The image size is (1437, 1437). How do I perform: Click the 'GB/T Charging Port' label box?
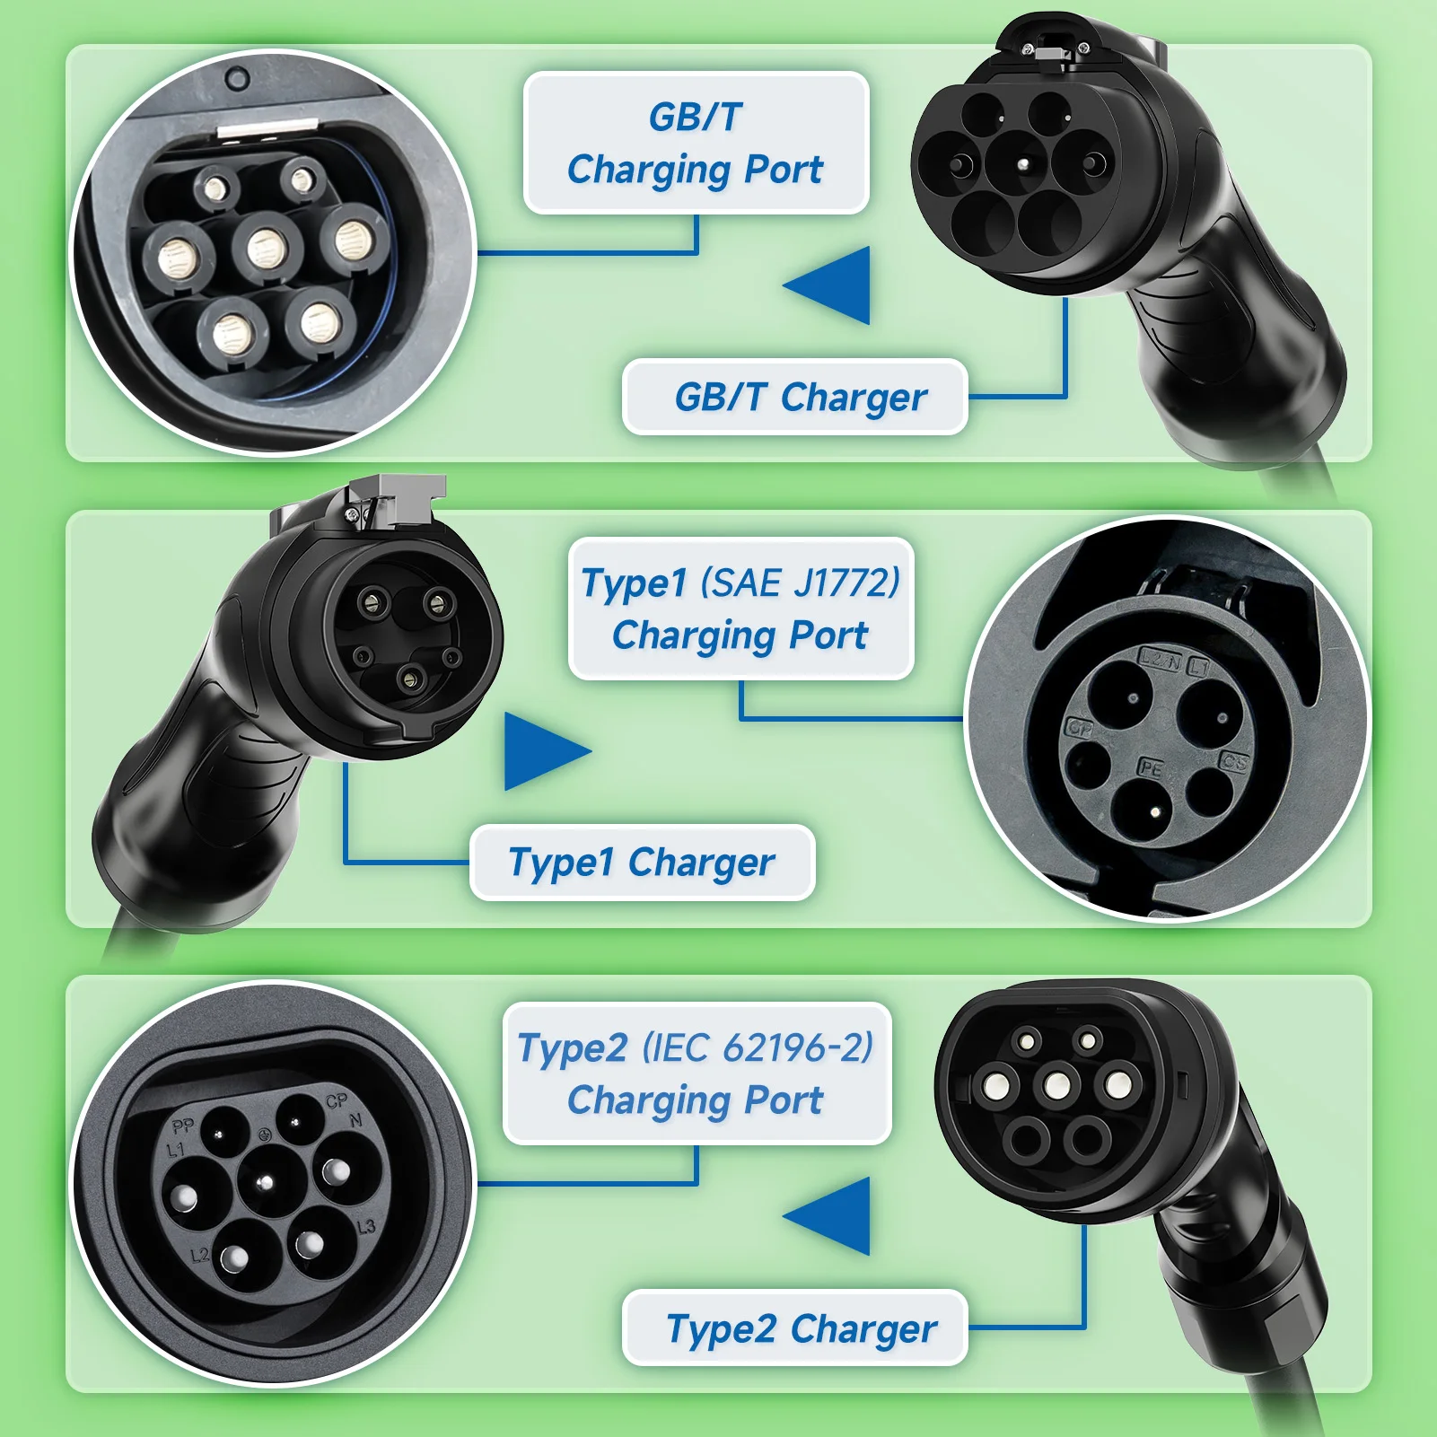point(696,143)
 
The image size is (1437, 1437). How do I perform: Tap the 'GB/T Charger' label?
point(795,397)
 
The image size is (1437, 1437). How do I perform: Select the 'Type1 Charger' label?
point(642,863)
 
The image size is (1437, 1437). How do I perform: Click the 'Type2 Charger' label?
point(795,1328)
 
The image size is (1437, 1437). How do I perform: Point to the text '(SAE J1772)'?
point(800,583)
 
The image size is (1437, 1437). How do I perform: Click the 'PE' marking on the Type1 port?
point(1151,767)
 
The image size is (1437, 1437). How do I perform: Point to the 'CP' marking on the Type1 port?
point(1079,728)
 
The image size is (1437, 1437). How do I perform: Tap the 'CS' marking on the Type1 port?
point(1234,762)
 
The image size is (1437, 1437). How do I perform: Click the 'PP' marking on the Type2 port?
point(183,1126)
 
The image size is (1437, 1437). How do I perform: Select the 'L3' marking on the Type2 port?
point(366,1227)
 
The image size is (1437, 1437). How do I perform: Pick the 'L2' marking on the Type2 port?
point(199,1255)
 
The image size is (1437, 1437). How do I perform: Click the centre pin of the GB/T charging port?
point(266,249)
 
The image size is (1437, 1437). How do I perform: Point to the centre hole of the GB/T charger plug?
point(1024,164)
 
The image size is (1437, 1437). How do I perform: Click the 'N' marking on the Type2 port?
point(356,1120)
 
